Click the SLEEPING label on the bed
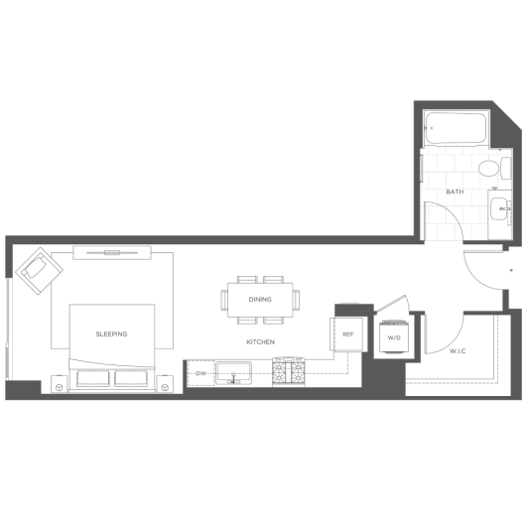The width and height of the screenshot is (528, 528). coord(111,334)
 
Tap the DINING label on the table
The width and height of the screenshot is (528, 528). coord(260,299)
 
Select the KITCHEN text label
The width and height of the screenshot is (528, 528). coord(260,341)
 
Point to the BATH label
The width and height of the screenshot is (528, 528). coord(455,192)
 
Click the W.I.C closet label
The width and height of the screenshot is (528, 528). coord(458,351)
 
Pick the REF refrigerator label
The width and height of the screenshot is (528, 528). coord(347,334)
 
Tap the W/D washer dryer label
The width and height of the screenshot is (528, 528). coord(394,337)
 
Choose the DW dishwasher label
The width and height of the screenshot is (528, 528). coord(200,373)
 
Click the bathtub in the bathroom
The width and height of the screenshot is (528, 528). coord(456,128)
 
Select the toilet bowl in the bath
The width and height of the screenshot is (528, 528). coord(488,168)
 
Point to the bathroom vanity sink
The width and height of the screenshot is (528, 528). coord(498,208)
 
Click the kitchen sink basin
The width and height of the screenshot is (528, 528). coord(233,373)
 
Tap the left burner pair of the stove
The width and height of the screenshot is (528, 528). coord(279,372)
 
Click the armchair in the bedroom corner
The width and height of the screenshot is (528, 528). coord(40,271)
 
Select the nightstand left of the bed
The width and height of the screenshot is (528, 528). coord(59,384)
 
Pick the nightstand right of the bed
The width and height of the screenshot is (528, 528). coord(165,384)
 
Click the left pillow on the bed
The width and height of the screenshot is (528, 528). coord(93,378)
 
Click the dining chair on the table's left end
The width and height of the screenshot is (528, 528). coord(224,300)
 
